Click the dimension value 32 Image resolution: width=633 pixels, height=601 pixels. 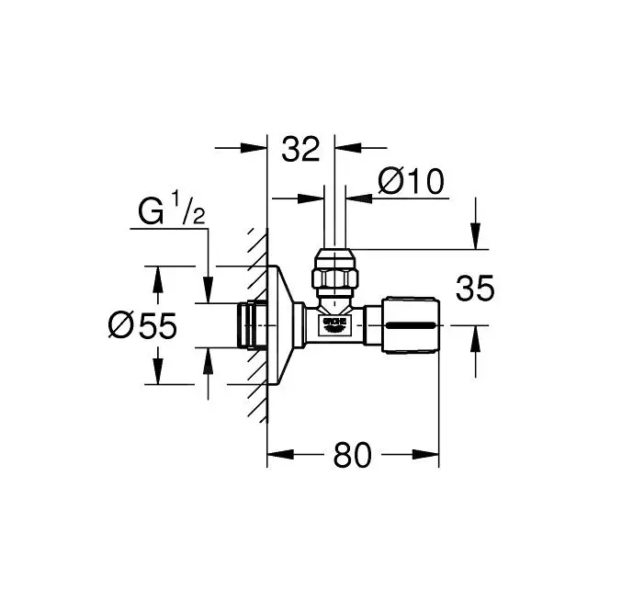click(x=300, y=148)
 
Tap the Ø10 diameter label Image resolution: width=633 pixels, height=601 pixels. click(x=411, y=182)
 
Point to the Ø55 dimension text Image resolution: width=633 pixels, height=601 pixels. click(x=141, y=325)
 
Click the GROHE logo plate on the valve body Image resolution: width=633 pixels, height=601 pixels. click(x=333, y=323)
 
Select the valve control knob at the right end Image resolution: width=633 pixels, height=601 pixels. click(x=410, y=324)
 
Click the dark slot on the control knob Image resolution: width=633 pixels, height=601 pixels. click(x=410, y=325)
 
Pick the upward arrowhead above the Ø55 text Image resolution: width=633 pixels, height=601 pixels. click(x=157, y=276)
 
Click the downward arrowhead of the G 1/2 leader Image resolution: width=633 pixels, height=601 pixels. click(x=209, y=292)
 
